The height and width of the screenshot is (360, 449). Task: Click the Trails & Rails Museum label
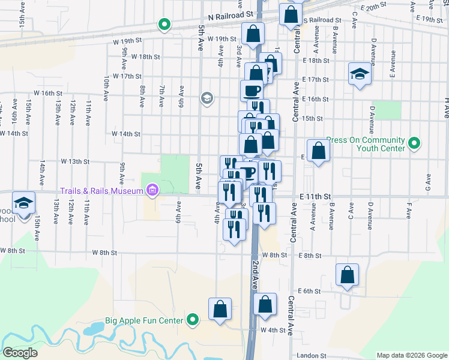click(101, 191)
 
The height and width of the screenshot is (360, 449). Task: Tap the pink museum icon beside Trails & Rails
click(152, 191)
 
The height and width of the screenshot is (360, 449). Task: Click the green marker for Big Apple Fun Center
click(192, 320)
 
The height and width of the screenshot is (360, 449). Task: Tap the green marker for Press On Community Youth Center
click(414, 143)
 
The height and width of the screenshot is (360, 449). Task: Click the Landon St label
click(310, 355)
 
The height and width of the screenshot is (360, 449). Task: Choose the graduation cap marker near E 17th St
click(360, 74)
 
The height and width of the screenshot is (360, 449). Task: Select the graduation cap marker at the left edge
click(24, 203)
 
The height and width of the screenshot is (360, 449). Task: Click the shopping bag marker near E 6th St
click(347, 275)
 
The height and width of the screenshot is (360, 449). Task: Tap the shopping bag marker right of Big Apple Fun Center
click(220, 310)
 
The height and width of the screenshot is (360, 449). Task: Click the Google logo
click(20, 353)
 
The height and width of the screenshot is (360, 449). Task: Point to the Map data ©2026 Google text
click(412, 355)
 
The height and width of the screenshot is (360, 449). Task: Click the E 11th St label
click(315, 196)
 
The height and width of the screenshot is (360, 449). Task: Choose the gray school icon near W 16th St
click(207, 98)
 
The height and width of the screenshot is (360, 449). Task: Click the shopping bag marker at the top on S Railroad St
click(291, 15)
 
